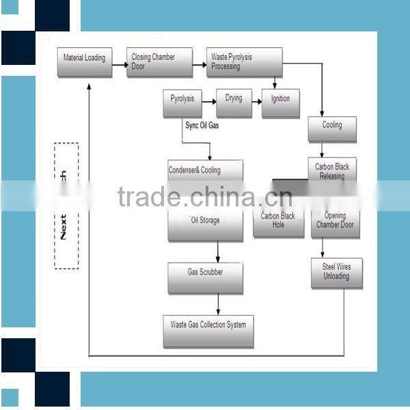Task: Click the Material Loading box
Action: [x=85, y=61]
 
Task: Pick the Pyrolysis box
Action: [x=182, y=103]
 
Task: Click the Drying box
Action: [x=234, y=102]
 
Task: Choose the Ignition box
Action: [x=280, y=103]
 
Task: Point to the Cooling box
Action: [x=332, y=129]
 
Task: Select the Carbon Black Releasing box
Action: [x=332, y=171]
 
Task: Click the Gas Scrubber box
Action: [x=205, y=276]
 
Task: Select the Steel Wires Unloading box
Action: [x=336, y=272]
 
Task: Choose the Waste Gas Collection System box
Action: [x=208, y=329]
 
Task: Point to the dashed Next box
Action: [x=66, y=205]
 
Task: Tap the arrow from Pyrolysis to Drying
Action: [x=207, y=105]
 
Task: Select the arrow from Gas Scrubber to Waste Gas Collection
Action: [x=218, y=303]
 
